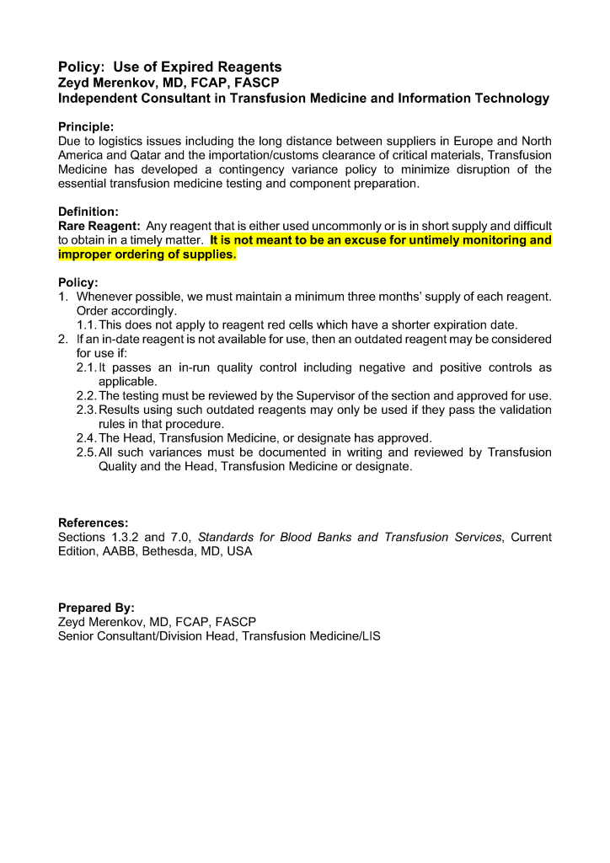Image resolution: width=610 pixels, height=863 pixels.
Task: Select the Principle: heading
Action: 92,126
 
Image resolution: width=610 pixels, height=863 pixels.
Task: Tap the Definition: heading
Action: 88,212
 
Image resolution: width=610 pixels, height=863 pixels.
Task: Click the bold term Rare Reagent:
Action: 99,226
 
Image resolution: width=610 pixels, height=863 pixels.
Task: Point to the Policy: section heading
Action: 78,282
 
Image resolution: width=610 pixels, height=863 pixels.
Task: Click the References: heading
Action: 93,523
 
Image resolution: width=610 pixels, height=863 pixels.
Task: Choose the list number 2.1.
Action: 86,367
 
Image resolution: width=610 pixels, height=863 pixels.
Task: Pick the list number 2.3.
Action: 86,410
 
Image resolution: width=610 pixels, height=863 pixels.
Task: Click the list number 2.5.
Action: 86,453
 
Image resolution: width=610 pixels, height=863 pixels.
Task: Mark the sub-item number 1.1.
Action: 87,324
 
